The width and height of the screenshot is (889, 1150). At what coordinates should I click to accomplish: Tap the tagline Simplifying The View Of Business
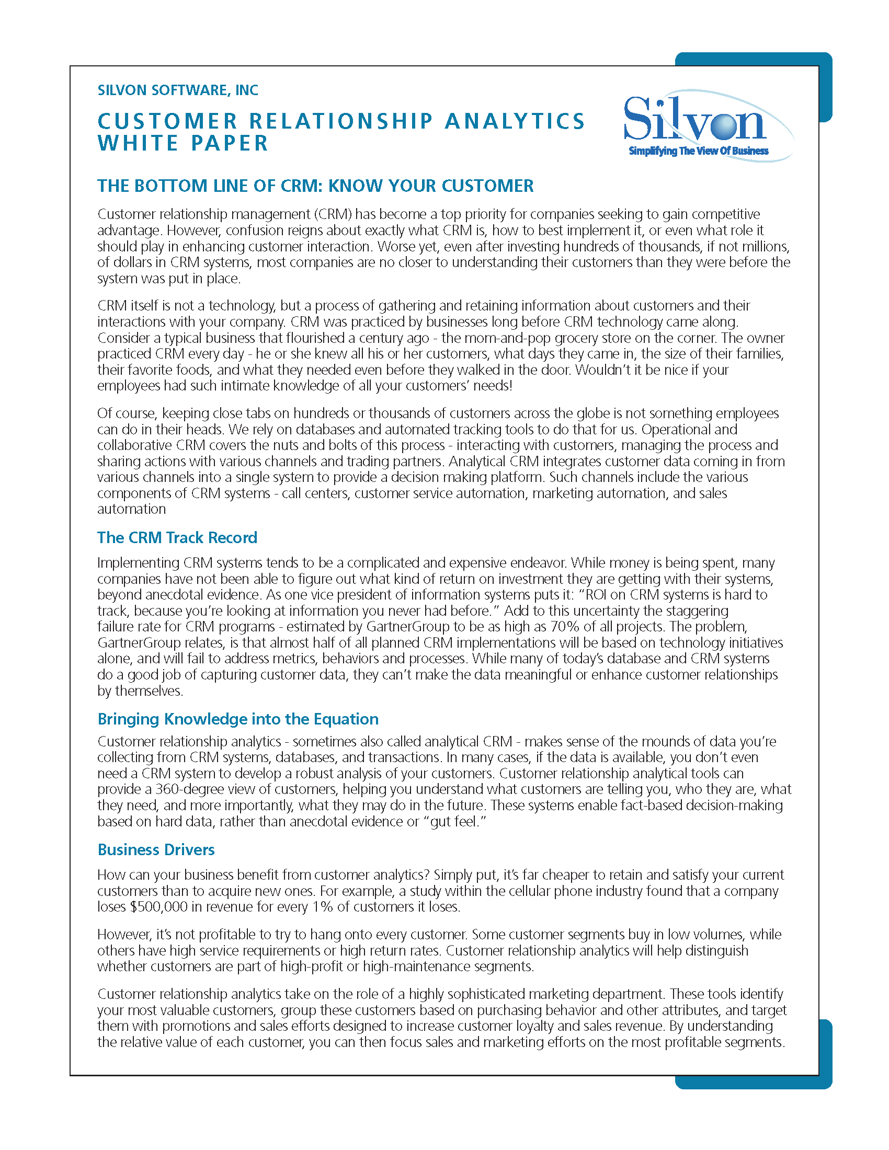(698, 152)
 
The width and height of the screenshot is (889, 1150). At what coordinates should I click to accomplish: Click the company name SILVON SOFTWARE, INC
(177, 90)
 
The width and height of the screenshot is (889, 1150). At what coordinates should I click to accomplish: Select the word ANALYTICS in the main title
(515, 121)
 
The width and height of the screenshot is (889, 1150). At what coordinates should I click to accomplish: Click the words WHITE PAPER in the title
(183, 143)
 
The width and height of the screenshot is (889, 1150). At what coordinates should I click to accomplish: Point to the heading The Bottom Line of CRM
(315, 186)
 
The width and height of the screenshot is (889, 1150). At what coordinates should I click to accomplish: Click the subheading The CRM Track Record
(177, 537)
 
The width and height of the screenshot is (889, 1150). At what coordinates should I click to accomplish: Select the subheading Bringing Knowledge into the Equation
(237, 719)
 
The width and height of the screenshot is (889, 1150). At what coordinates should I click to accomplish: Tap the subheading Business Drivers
(156, 849)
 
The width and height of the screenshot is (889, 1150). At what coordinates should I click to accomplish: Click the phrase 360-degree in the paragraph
(192, 789)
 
